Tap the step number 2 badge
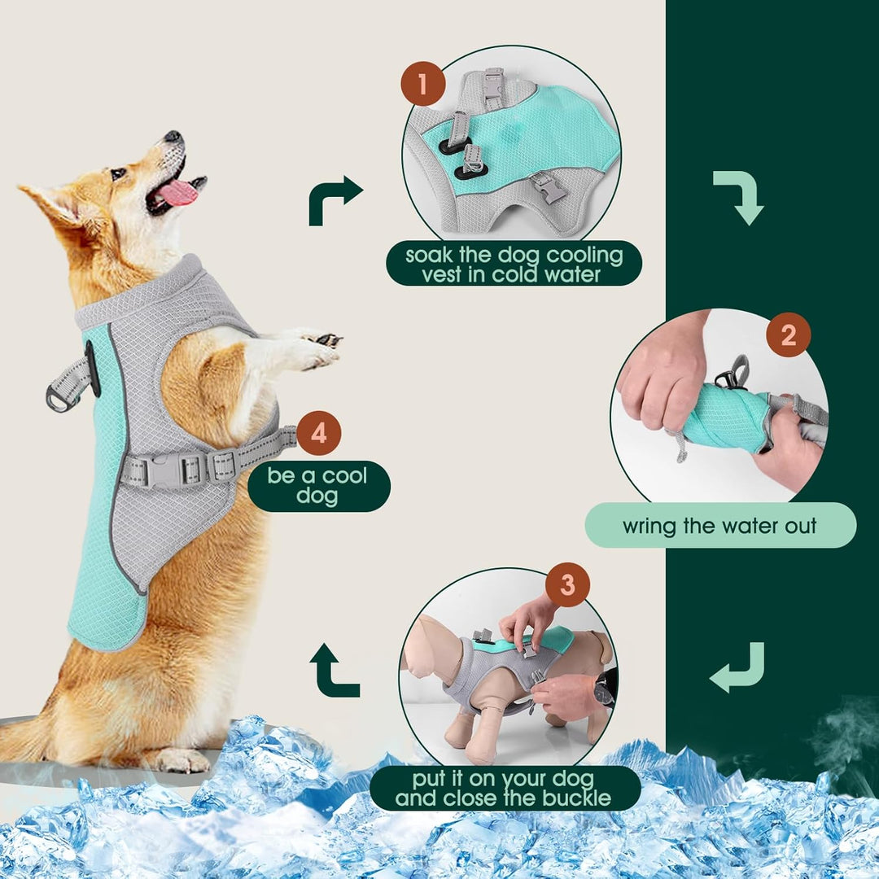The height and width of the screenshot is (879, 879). pyautogui.click(x=788, y=335)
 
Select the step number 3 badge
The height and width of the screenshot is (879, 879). pyautogui.click(x=566, y=584)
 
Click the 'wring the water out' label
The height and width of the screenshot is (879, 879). pyautogui.click(x=720, y=525)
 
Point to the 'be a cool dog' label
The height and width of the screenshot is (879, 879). pyautogui.click(x=318, y=486)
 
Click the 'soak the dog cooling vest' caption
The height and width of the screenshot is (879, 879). pyautogui.click(x=514, y=264)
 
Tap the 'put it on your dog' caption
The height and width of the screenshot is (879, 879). pyautogui.click(x=505, y=787)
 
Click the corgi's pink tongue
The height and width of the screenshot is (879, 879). pyautogui.click(x=177, y=193)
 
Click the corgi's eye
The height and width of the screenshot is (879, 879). pyautogui.click(x=119, y=173)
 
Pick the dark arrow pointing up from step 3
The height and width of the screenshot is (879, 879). pyautogui.click(x=334, y=670)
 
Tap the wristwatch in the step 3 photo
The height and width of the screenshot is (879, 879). pyautogui.click(x=603, y=692)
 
